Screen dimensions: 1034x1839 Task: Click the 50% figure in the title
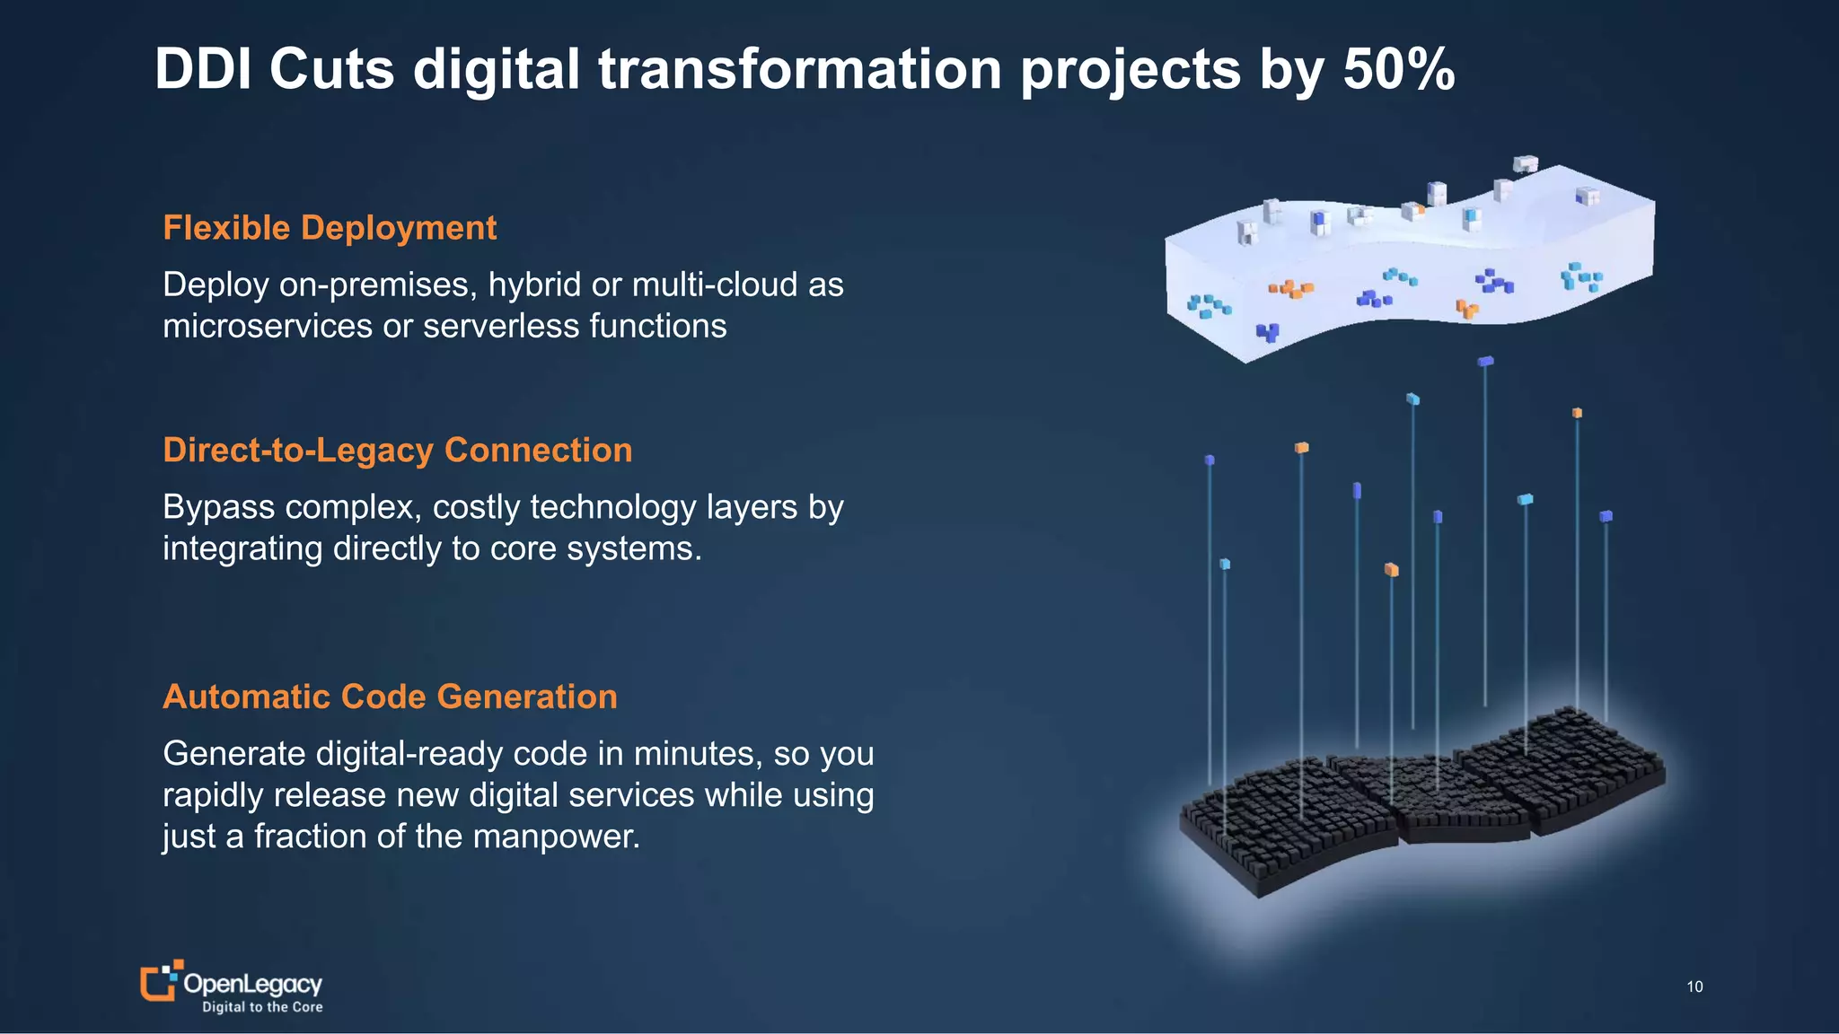[x=1398, y=69]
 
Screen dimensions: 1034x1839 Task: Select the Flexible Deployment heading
[x=330, y=228]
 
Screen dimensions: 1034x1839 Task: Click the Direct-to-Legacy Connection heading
[x=398, y=450]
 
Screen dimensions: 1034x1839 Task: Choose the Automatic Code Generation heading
[x=390, y=697]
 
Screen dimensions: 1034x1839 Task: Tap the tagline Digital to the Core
[x=262, y=1007]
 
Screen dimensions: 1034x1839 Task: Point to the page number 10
[x=1694, y=986]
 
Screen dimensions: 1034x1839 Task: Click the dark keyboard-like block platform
[x=1419, y=799]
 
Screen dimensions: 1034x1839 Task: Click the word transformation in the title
[x=800, y=69]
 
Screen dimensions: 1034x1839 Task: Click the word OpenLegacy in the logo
[x=252, y=984]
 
